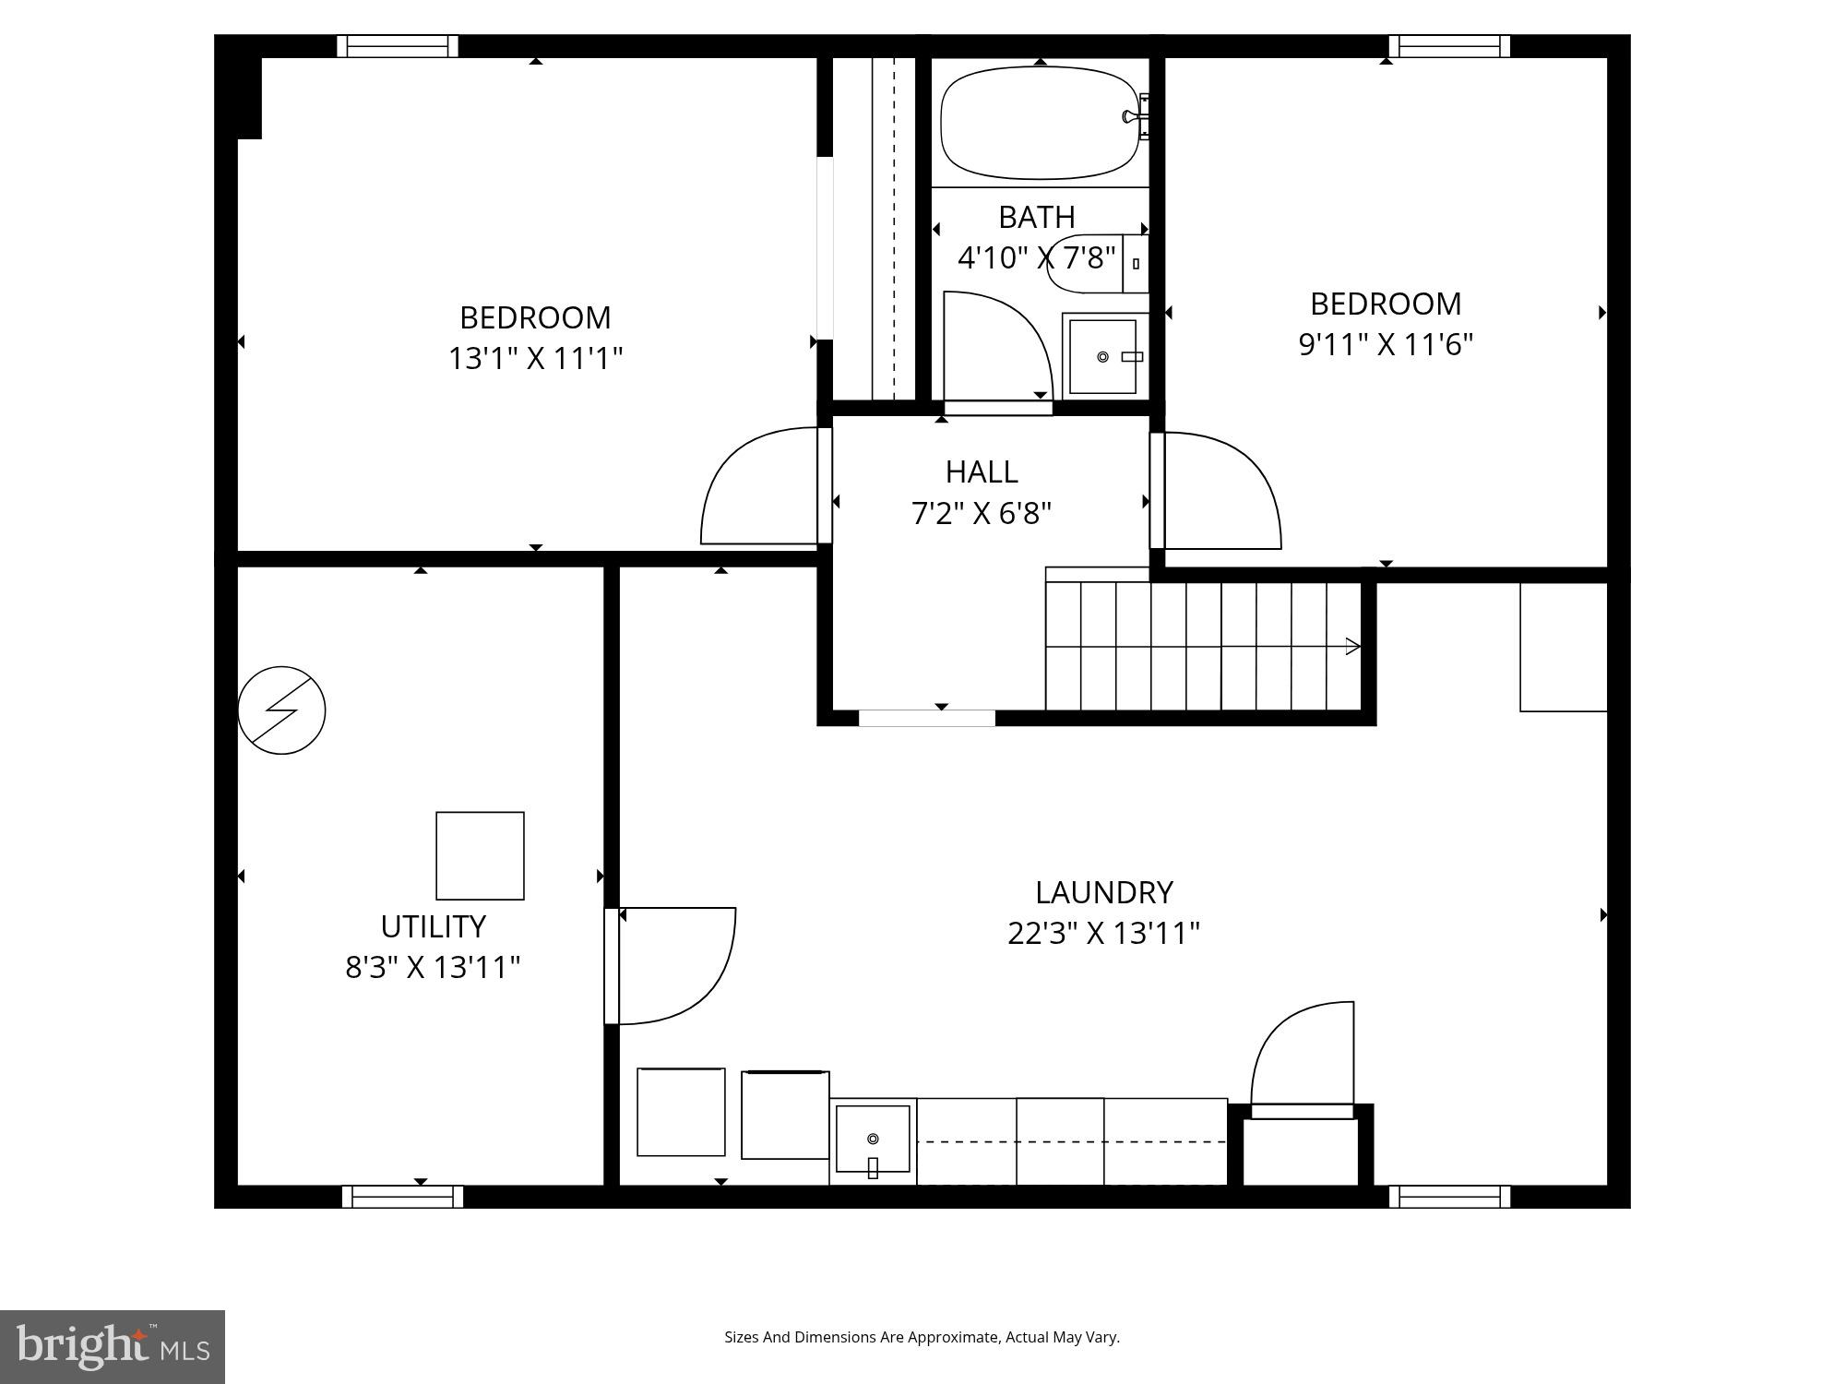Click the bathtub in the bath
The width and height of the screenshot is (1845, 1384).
tap(1038, 123)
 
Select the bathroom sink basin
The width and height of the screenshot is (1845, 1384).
tap(1103, 357)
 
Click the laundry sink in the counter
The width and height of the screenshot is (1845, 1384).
tap(873, 1139)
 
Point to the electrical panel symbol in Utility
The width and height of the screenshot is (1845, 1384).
tap(281, 710)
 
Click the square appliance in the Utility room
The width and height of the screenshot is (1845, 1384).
tap(480, 855)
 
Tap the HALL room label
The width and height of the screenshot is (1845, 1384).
tap(982, 471)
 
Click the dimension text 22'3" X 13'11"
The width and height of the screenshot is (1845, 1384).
tap(1103, 933)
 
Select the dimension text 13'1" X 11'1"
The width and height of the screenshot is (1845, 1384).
tap(535, 358)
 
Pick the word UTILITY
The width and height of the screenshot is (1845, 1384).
tap(433, 925)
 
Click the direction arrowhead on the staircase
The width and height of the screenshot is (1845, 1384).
tap(1353, 646)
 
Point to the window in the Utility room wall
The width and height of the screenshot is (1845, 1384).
tap(402, 1197)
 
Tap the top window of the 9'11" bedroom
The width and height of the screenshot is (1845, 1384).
tap(1449, 46)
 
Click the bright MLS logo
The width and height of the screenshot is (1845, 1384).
tap(112, 1346)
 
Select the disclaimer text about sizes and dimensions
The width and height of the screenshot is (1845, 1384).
tap(922, 1337)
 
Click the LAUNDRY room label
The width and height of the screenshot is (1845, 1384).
tap(1103, 892)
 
